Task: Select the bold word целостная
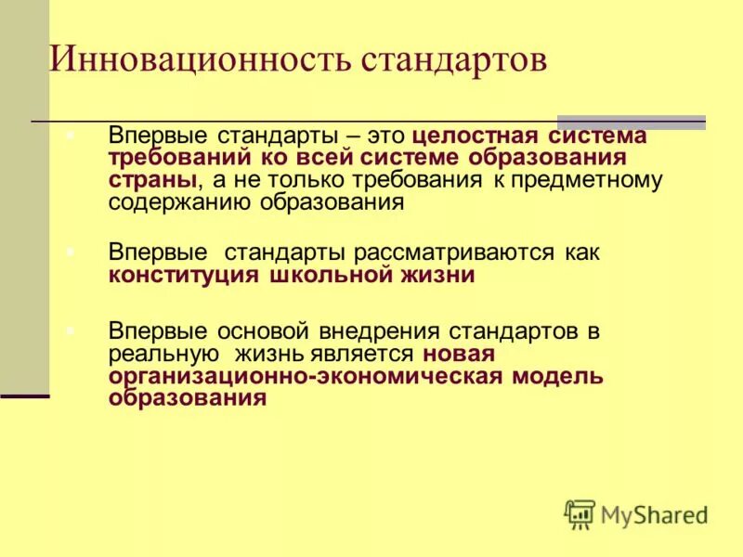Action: pos(481,136)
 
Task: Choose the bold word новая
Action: pos(458,354)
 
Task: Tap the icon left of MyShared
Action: pos(580,512)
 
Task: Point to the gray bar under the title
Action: pos(631,123)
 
